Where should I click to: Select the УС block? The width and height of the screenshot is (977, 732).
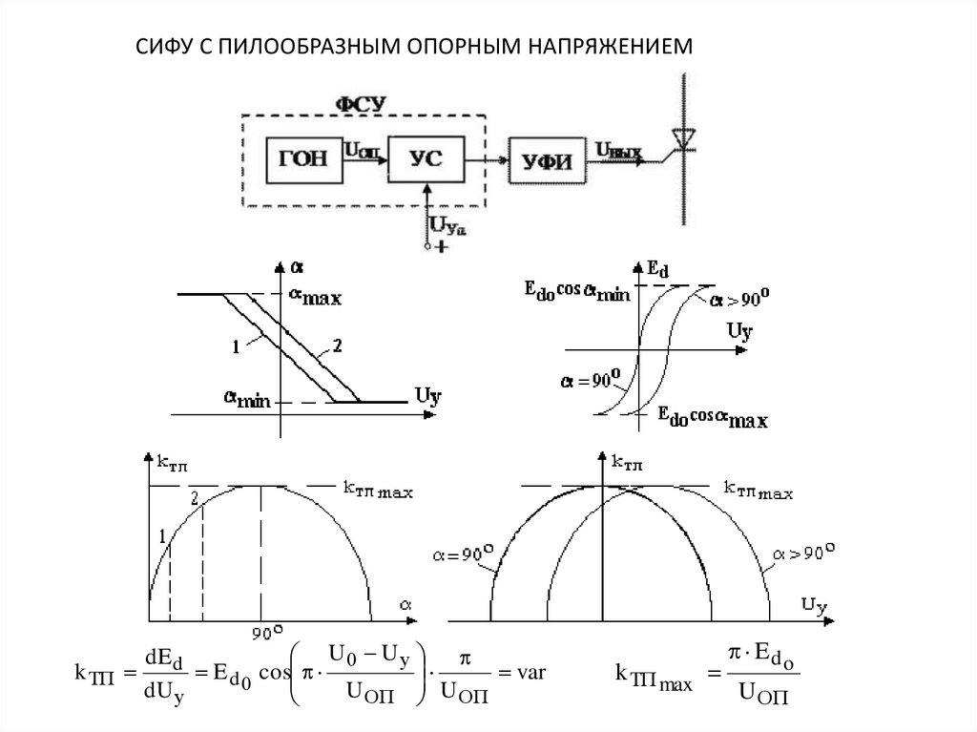coord(426,158)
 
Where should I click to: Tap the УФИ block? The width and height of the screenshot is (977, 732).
coord(547,160)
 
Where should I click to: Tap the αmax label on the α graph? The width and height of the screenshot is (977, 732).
coord(315,296)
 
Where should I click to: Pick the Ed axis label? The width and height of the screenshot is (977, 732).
coord(657,271)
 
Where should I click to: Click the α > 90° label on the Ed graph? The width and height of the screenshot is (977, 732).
coord(740,301)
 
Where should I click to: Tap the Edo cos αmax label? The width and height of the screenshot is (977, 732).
coord(713,417)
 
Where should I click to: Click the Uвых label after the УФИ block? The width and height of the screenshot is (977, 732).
coord(617,149)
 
